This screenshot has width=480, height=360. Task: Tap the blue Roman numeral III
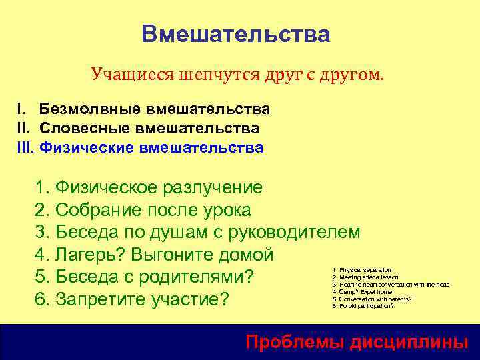coord(25,147)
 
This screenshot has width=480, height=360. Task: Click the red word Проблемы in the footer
coord(291,343)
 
